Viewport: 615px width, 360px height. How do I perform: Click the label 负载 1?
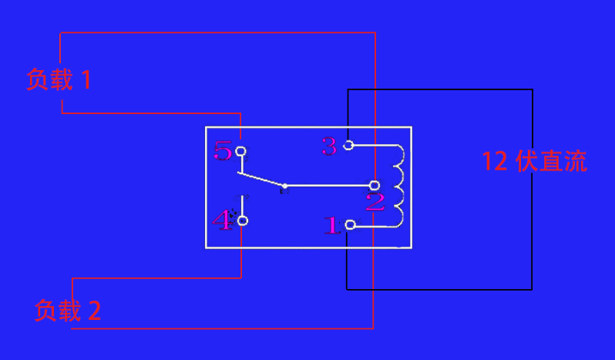[59, 79]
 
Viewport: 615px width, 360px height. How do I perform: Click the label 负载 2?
[68, 311]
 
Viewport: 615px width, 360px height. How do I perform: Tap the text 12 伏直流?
[534, 161]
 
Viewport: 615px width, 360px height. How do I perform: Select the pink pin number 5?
[223, 150]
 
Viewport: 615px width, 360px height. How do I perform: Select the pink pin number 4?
[223, 221]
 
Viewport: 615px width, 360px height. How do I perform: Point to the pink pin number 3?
[330, 146]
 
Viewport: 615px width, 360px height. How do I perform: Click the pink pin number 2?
[375, 203]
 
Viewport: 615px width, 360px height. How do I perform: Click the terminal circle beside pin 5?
[241, 151]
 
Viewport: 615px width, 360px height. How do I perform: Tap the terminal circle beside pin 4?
[243, 221]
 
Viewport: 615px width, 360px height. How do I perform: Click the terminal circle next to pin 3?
[348, 145]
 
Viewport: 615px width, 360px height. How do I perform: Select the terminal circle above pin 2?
[375, 185]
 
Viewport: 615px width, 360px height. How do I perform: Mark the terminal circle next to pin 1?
[351, 224]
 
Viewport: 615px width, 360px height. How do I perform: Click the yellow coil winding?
[399, 186]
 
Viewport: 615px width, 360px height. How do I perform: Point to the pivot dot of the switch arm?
[284, 186]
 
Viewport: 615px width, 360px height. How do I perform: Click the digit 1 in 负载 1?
[86, 79]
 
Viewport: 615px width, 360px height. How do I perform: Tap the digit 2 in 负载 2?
[94, 311]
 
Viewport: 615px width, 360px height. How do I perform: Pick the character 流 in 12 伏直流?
[575, 161]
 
